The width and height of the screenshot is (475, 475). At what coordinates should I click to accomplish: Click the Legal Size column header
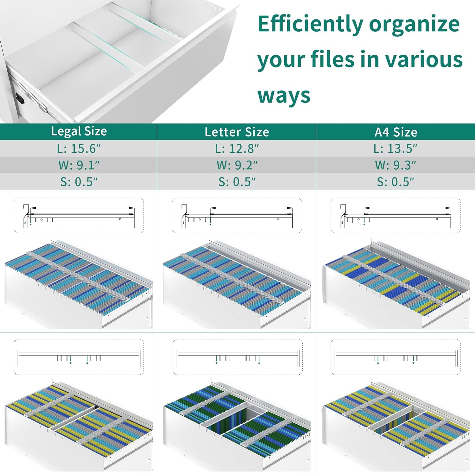[79, 131]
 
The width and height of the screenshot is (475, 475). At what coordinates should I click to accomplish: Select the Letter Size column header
[237, 132]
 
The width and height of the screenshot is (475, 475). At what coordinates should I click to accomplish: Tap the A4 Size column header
[396, 132]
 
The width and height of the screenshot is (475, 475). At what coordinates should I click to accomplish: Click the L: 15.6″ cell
[79, 149]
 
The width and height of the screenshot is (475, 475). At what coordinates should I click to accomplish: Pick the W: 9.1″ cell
[79, 165]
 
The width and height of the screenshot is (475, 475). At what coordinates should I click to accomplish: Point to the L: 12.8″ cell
[237, 149]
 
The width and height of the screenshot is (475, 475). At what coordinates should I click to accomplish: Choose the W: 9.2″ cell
[237, 165]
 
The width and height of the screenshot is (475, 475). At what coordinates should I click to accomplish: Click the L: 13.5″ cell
[396, 149]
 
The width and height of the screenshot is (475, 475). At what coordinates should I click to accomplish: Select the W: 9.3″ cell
[396, 165]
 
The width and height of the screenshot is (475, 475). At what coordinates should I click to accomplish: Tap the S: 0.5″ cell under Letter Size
[237, 182]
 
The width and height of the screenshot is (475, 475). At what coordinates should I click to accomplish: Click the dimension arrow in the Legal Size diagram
[82, 208]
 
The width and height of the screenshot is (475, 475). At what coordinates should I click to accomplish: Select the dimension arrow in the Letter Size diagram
[251, 208]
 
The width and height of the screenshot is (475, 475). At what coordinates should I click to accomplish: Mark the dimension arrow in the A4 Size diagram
[407, 208]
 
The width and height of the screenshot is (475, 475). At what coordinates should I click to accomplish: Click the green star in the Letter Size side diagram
[210, 225]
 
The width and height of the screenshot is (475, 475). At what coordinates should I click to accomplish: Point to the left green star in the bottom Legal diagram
[71, 363]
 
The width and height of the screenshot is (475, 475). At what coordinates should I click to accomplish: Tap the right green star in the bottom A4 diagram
[414, 363]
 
